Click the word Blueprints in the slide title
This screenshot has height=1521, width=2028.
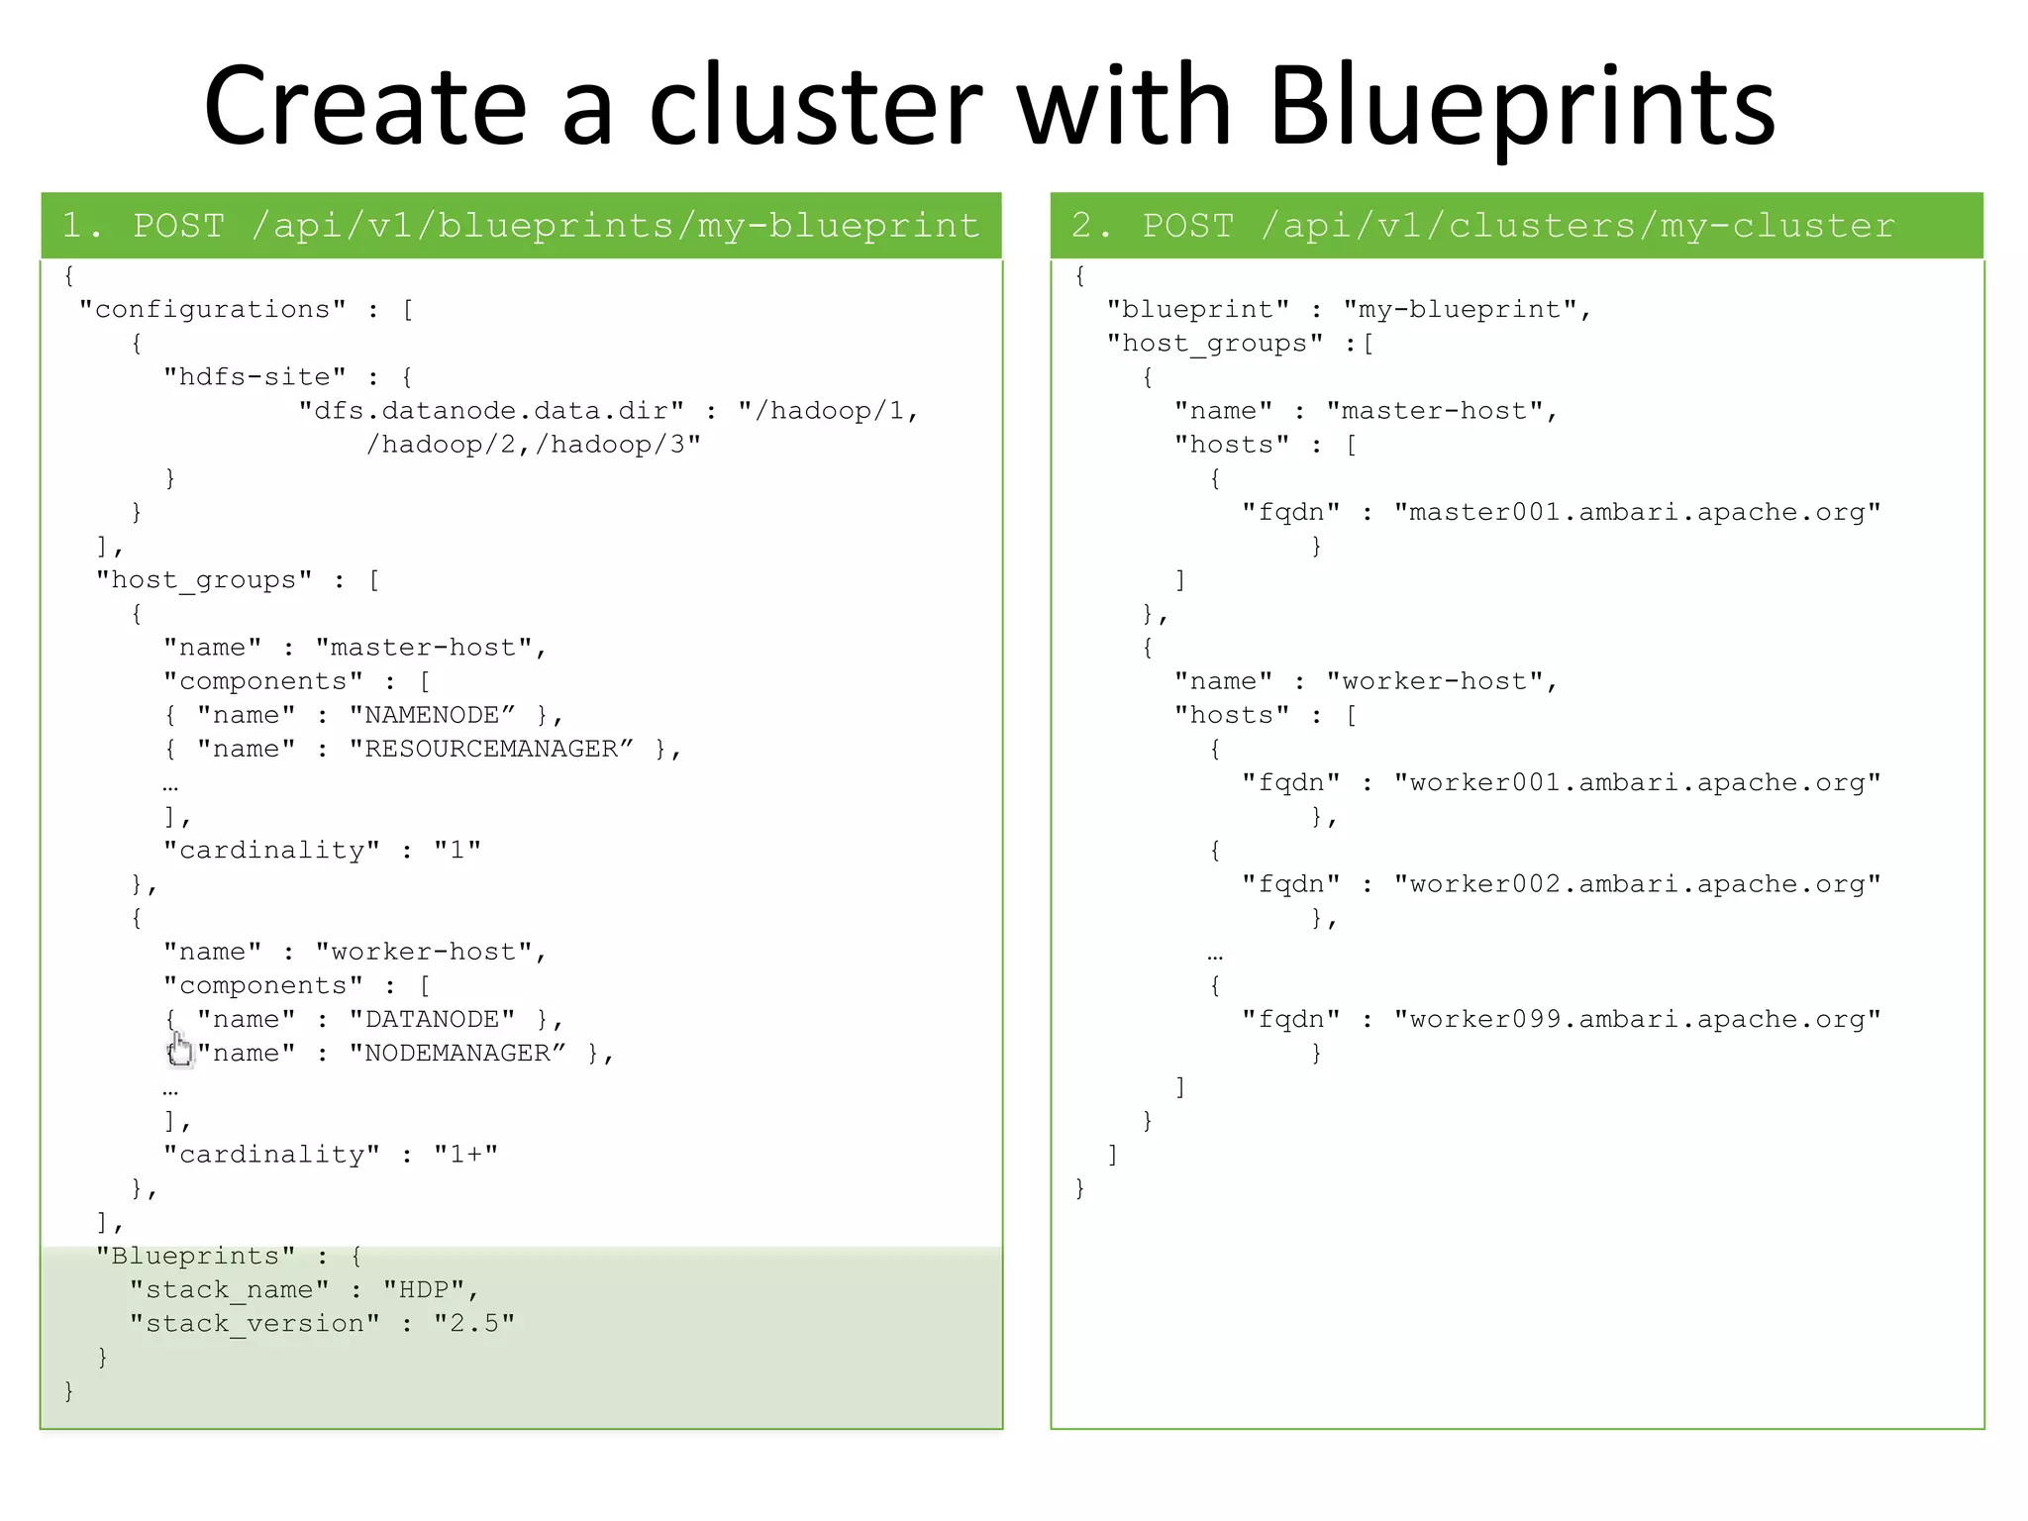point(1522,107)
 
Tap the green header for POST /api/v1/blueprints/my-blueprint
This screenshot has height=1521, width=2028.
point(521,226)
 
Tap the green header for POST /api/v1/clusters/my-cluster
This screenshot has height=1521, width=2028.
point(1517,226)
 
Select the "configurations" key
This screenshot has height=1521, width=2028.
point(213,310)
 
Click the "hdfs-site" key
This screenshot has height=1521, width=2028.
point(255,377)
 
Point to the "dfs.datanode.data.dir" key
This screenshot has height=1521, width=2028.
point(491,411)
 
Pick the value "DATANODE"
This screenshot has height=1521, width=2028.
point(433,1019)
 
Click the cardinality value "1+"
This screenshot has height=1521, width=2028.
point(465,1155)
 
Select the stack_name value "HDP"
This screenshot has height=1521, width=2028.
point(424,1289)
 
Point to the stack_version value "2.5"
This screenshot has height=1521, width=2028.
point(473,1324)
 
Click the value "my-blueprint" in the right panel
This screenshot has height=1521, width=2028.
point(1460,310)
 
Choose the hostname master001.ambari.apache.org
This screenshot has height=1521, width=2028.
point(1637,512)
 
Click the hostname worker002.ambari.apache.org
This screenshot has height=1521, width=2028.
point(1637,884)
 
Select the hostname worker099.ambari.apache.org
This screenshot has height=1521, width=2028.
point(1637,1019)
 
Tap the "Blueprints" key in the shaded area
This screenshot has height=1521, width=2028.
point(196,1256)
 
